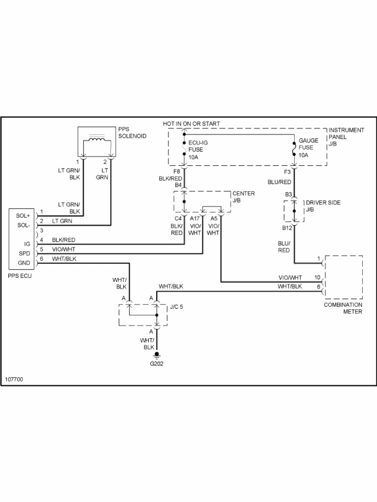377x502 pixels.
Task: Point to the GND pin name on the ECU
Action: tap(24, 263)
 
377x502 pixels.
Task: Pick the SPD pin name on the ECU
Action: tap(24, 253)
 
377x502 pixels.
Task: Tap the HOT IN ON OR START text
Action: tap(191, 124)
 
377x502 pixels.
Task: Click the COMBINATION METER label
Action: tap(343, 308)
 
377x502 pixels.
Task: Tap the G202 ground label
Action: tap(157, 364)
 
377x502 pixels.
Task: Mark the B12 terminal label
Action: tap(287, 228)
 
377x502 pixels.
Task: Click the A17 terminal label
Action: tap(195, 218)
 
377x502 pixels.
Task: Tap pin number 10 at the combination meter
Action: tap(317, 277)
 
